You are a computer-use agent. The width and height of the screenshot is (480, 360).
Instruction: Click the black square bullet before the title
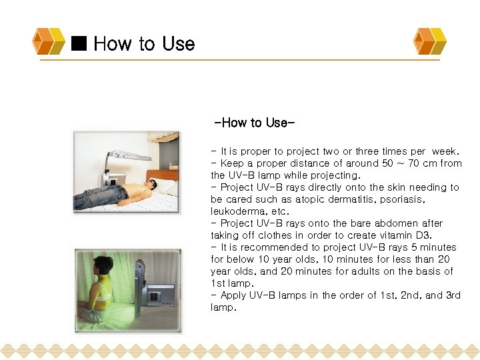coord(80,44)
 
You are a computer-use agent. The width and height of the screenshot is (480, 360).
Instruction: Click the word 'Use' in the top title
coord(178,44)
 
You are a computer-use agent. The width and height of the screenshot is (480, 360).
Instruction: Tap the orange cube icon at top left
coord(49,41)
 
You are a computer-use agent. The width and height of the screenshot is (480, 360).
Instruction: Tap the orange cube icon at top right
coord(430,41)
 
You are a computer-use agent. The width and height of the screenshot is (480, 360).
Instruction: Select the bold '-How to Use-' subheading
coord(254,123)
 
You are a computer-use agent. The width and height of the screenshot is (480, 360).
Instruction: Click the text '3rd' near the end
coord(450,295)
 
